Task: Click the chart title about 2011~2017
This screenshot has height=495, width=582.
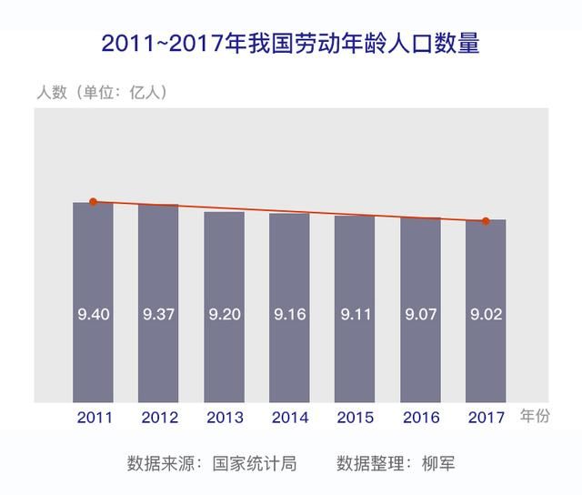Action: (290, 43)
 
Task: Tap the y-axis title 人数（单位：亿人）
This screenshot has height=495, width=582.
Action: (102, 92)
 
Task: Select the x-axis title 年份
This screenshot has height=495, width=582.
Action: (535, 416)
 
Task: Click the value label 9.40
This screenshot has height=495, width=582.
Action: (93, 315)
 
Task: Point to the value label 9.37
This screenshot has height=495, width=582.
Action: (158, 315)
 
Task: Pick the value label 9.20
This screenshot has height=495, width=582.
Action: (224, 315)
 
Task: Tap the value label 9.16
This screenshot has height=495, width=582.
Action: (289, 315)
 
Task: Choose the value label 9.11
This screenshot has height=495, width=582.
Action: (355, 315)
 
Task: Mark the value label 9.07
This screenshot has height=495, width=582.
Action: (420, 315)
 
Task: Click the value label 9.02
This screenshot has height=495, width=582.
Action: (486, 315)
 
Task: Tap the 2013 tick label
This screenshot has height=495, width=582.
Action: (224, 417)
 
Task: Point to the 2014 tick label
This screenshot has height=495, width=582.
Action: (289, 417)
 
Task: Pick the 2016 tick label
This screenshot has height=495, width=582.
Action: (420, 417)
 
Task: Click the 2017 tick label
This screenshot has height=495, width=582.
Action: (486, 417)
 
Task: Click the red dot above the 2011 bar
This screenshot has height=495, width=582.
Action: (93, 202)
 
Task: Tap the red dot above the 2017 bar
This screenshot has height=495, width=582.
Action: (486, 221)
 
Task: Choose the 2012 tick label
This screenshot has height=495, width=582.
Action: (158, 417)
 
